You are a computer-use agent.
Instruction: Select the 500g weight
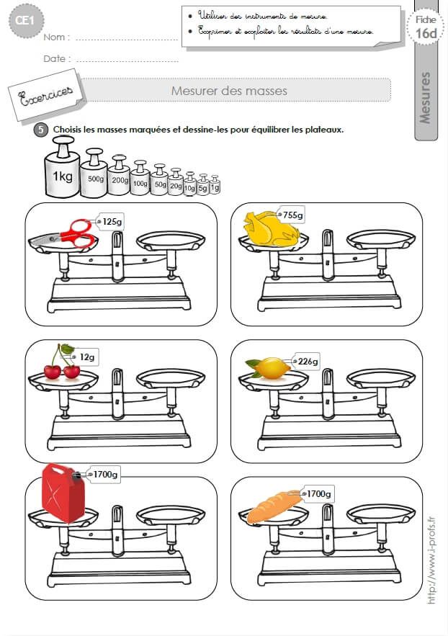(94, 174)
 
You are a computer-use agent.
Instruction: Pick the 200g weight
(120, 177)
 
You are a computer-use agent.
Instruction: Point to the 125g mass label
(110, 222)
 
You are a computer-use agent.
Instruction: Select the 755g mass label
(292, 215)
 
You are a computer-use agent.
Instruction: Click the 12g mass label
(88, 357)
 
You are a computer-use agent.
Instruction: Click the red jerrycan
(63, 493)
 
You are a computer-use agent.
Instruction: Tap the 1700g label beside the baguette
(318, 493)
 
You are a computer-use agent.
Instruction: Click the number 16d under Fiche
(426, 32)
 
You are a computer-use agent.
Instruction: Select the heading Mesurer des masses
(229, 91)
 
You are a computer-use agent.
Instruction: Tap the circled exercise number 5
(40, 130)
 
